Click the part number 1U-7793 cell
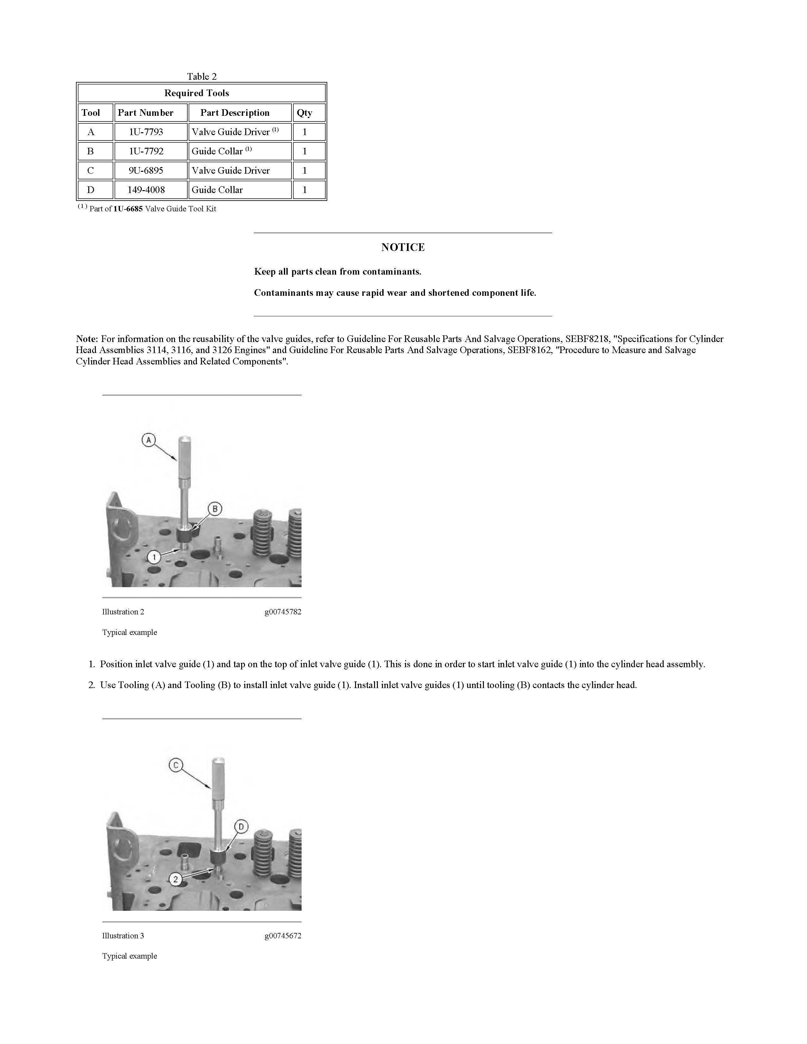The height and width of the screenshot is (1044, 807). click(x=146, y=132)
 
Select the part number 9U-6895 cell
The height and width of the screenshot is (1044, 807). click(x=146, y=171)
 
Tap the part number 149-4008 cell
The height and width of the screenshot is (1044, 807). click(x=146, y=190)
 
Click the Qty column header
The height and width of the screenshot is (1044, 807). click(x=304, y=113)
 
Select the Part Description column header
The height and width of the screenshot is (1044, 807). click(x=235, y=113)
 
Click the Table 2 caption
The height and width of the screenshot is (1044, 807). click(x=202, y=77)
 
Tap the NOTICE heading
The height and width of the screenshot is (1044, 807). click(x=403, y=247)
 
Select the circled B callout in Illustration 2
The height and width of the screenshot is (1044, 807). click(x=215, y=509)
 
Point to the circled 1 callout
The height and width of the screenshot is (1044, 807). click(x=154, y=557)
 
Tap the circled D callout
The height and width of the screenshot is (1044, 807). click(x=241, y=826)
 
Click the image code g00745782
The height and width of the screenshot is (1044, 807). click(x=283, y=612)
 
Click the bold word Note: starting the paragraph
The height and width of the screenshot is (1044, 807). click(x=87, y=339)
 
